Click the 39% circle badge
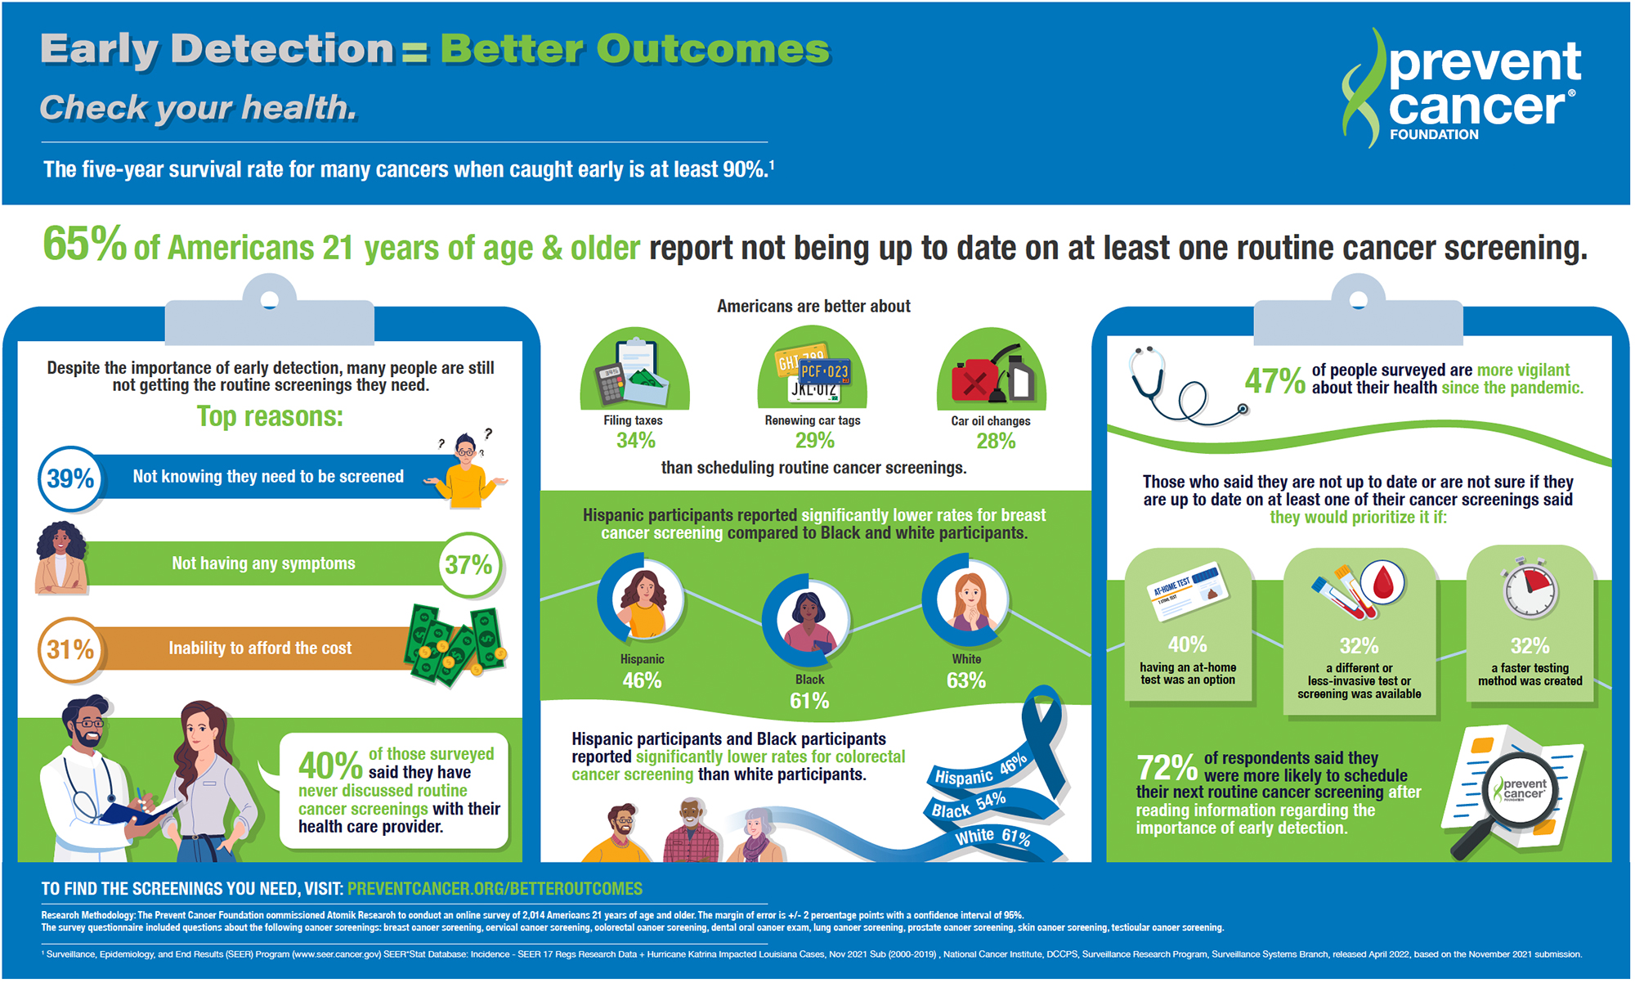[x=70, y=478]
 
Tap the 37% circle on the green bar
[x=468, y=564]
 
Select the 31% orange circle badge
[x=70, y=649]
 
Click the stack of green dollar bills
[x=455, y=646]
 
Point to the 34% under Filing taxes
[x=635, y=441]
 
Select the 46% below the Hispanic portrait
[x=642, y=680]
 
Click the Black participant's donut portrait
[x=806, y=619]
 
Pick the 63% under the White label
[x=965, y=680]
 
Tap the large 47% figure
[x=1274, y=381]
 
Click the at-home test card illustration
[x=1189, y=590]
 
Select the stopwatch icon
[x=1530, y=589]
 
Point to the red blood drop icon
[x=1382, y=582]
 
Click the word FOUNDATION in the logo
[x=1434, y=135]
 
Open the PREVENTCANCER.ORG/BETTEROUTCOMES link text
[x=495, y=889]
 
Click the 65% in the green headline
[x=84, y=245]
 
